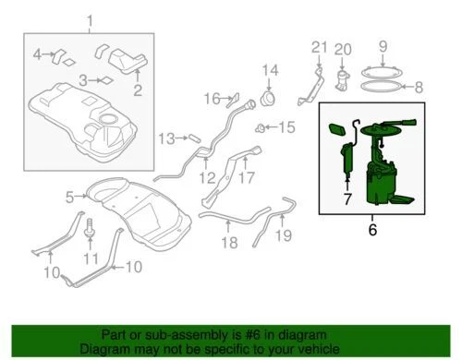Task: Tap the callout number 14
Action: tap(269, 71)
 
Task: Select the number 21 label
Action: tap(319, 48)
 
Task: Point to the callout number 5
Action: tap(68, 196)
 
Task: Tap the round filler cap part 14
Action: tap(270, 96)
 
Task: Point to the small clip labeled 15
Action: tap(262, 126)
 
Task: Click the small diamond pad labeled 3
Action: tap(105, 80)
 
